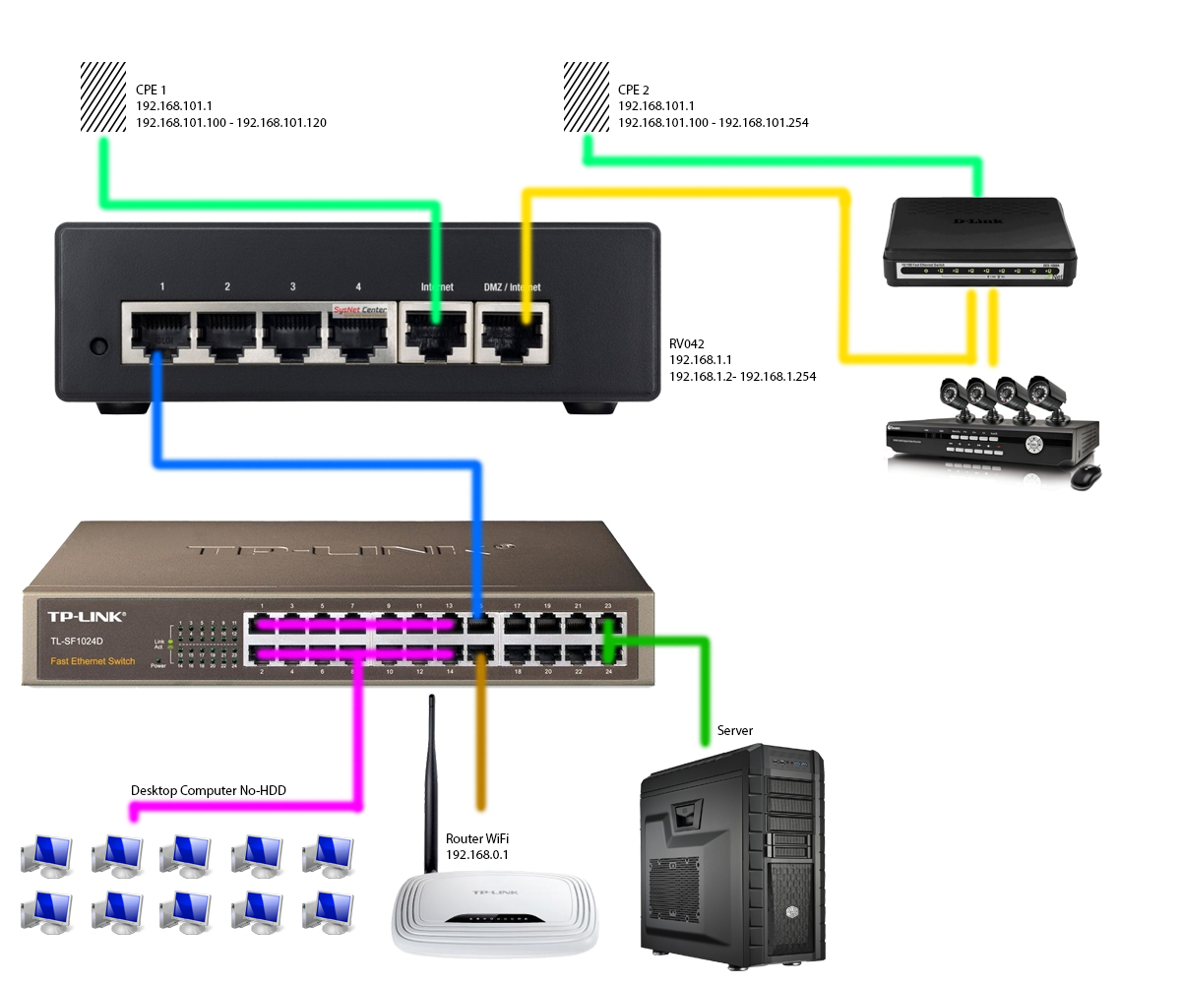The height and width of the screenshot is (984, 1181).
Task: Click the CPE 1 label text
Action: pyautogui.click(x=151, y=90)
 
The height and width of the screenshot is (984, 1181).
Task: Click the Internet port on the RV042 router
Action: pyautogui.click(x=436, y=332)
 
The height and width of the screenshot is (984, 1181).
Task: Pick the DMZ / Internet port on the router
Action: pyautogui.click(x=512, y=332)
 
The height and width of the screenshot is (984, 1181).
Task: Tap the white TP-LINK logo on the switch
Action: pyautogui.click(x=87, y=617)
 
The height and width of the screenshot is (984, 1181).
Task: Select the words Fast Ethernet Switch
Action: pyautogui.click(x=93, y=661)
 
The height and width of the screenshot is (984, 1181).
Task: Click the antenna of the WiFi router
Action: pyautogui.click(x=431, y=777)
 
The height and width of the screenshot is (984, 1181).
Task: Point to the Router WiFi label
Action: pyautogui.click(x=477, y=838)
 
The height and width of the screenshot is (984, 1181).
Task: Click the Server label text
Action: pyautogui.click(x=735, y=730)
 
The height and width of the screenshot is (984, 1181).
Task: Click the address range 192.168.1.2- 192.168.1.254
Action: pyautogui.click(x=742, y=377)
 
